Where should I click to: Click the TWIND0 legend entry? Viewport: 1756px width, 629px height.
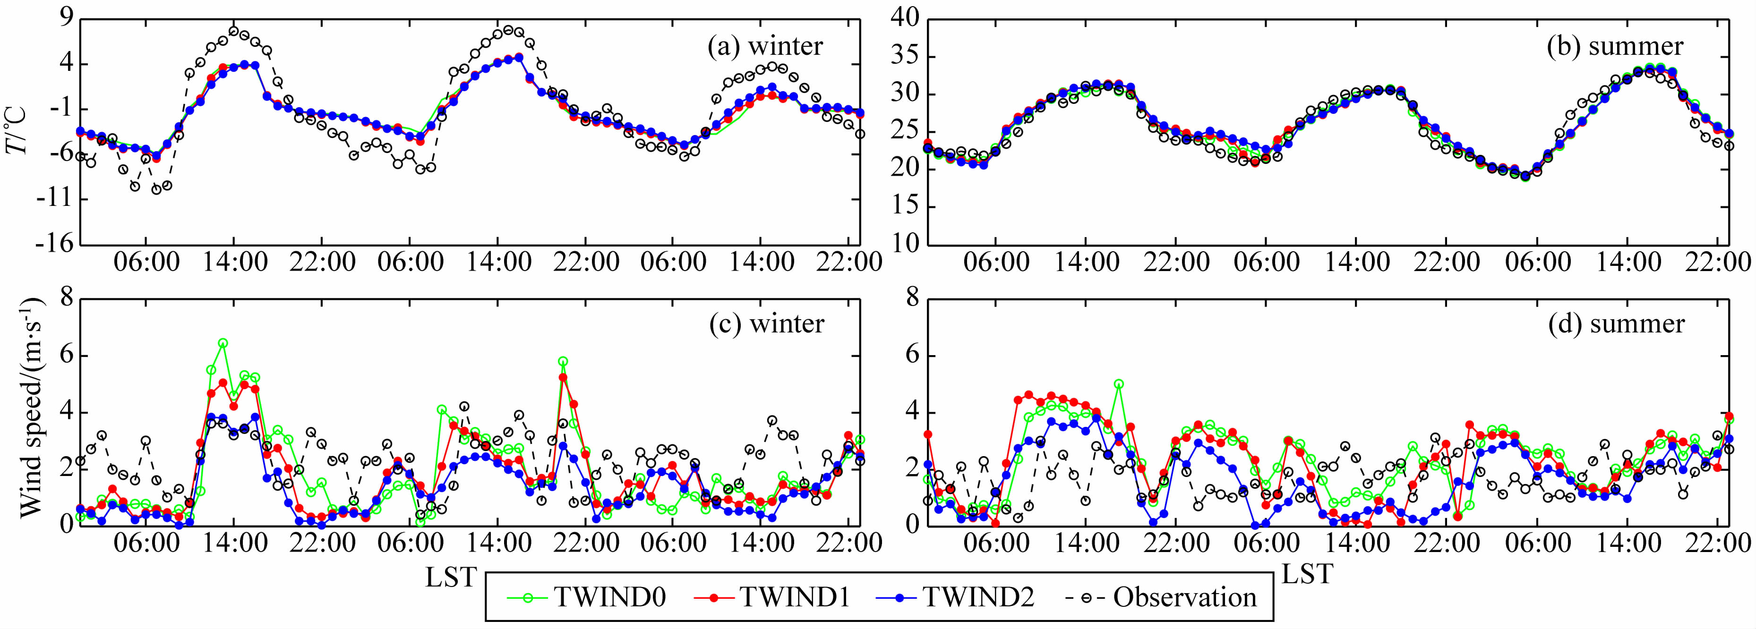click(x=587, y=597)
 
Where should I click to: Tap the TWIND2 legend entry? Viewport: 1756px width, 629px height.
click(x=954, y=597)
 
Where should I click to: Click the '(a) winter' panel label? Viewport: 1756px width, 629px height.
click(x=765, y=46)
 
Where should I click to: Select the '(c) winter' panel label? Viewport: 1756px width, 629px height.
click(x=766, y=323)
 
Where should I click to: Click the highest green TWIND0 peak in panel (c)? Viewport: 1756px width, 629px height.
click(x=223, y=343)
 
